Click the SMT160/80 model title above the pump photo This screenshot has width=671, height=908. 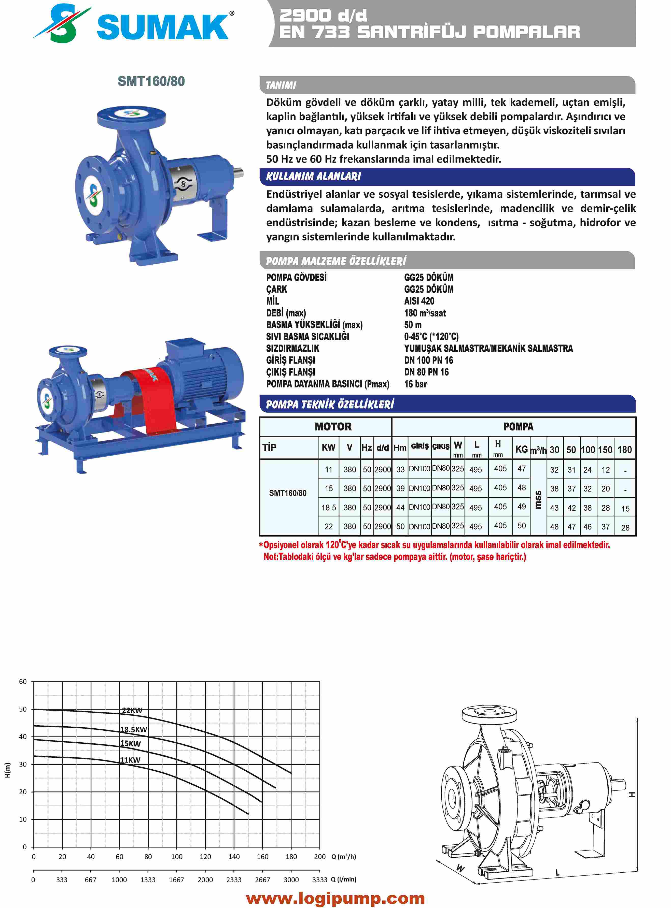click(x=151, y=81)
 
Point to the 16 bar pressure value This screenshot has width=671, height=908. click(x=415, y=384)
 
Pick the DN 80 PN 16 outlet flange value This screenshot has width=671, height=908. click(x=426, y=372)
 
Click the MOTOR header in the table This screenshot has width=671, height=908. click(x=333, y=427)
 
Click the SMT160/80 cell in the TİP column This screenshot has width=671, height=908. click(x=288, y=493)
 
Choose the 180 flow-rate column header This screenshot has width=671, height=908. click(x=624, y=450)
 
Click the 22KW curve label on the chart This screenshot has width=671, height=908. click(x=132, y=710)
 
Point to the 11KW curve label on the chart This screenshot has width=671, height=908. click(x=130, y=760)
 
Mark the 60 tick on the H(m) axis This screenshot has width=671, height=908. click(x=23, y=682)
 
